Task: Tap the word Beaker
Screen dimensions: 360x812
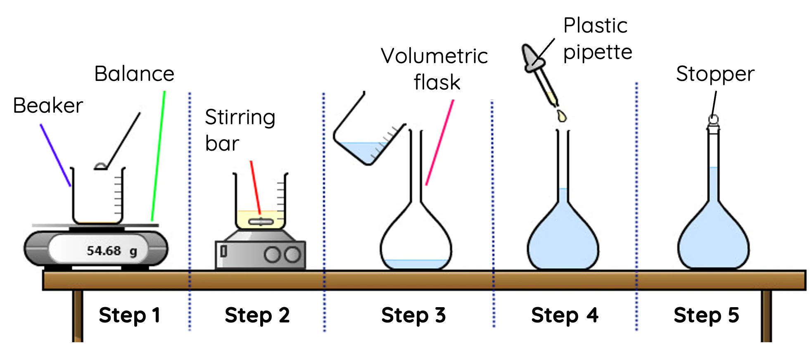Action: tap(48, 106)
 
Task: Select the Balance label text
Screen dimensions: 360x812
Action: tap(134, 74)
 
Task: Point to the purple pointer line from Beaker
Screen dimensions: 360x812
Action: tap(55, 155)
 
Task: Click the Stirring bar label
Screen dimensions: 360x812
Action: tap(240, 130)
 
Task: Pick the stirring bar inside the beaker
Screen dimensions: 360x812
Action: tap(261, 222)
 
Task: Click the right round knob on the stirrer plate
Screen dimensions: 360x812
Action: tap(292, 255)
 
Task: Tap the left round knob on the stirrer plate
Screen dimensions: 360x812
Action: tap(272, 255)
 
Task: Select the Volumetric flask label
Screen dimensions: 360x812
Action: tap(434, 69)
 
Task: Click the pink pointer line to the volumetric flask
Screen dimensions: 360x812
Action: tap(440, 142)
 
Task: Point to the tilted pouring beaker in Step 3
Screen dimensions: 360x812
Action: tap(363, 136)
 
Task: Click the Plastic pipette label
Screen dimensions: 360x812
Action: tap(597, 39)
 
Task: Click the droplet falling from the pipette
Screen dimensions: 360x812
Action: tap(561, 116)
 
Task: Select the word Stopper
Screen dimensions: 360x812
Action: tap(715, 74)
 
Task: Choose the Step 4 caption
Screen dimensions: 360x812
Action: tap(565, 315)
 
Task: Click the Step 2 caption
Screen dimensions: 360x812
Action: tap(257, 315)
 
